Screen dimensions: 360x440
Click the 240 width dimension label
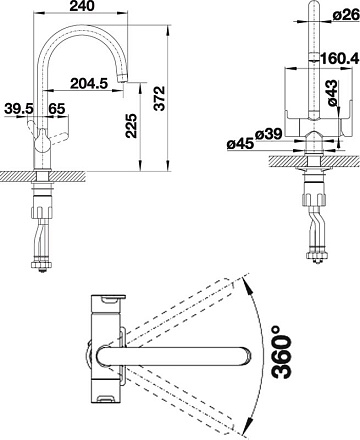82,6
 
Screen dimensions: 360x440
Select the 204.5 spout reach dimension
89,83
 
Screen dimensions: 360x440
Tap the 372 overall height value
161,98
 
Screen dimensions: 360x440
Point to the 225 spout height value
131,126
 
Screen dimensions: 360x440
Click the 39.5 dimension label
19,109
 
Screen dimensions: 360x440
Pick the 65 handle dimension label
57,109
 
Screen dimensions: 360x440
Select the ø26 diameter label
346,15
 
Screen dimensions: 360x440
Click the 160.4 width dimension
340,59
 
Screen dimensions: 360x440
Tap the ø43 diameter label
333,93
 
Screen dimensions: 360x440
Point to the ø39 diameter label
269,134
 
